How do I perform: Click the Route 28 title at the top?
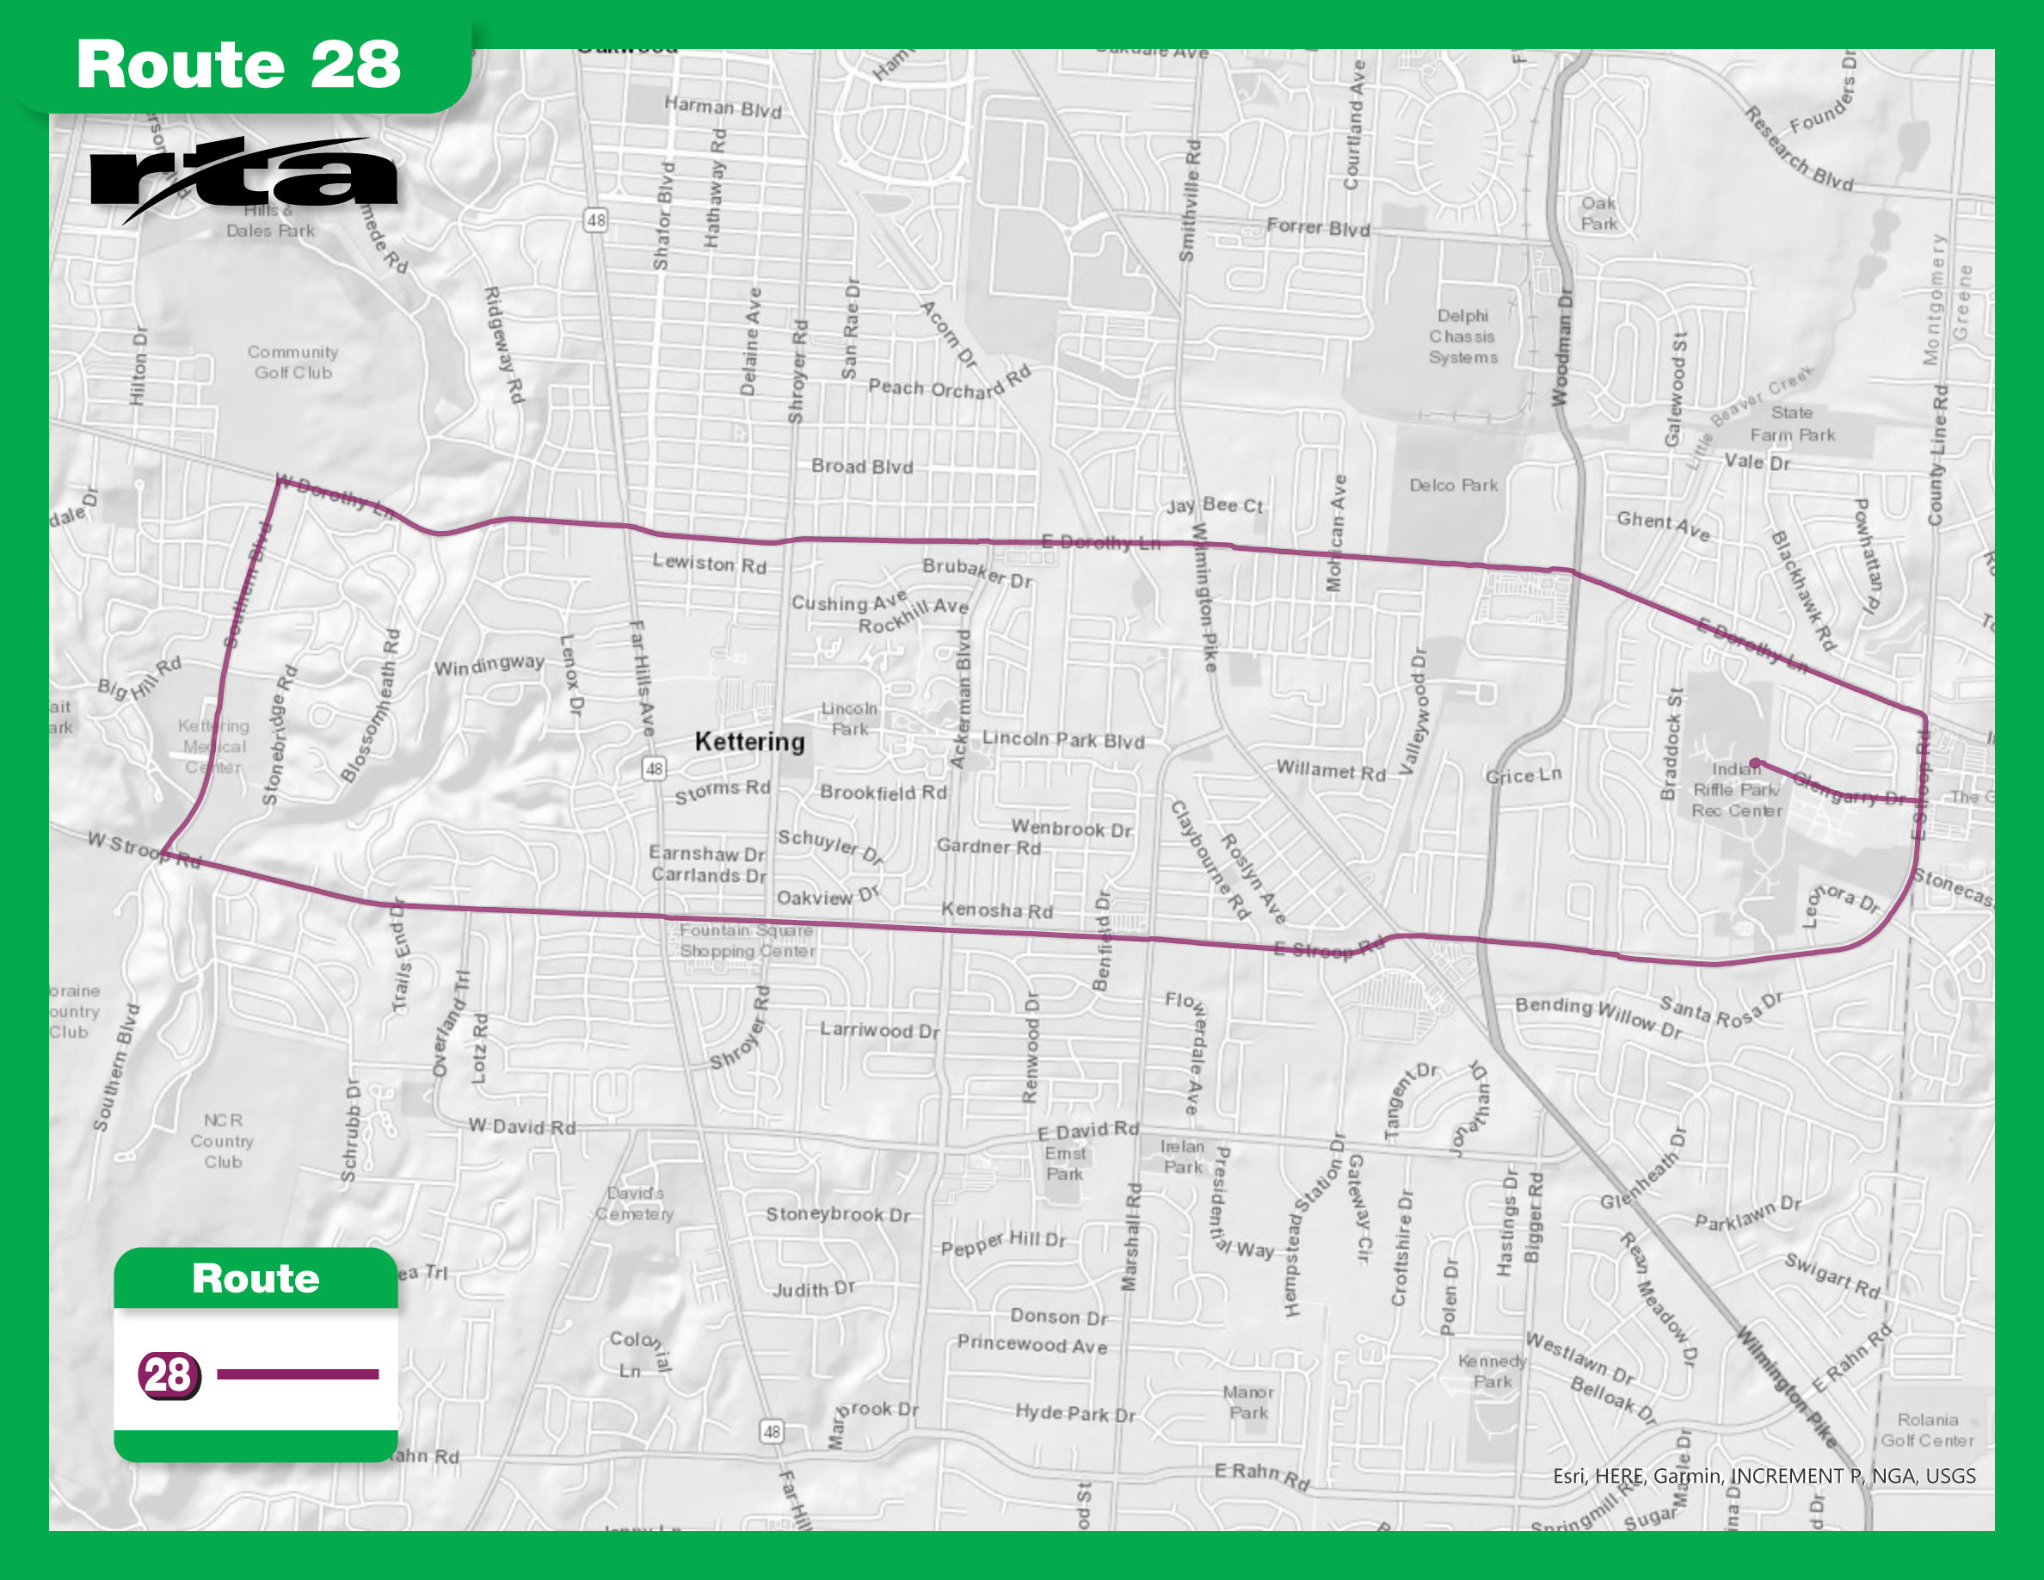[x=238, y=65]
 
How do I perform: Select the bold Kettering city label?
[x=749, y=743]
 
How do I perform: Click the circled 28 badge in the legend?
[x=169, y=1375]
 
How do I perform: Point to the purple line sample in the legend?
[x=298, y=1374]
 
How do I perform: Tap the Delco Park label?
[x=1454, y=484]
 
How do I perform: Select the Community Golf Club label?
[x=293, y=362]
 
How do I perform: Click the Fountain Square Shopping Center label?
[x=747, y=941]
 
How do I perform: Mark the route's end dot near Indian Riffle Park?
[x=1756, y=762]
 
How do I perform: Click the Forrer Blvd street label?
[x=1318, y=227]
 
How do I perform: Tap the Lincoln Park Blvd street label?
[x=1062, y=739]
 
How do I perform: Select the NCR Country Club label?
[x=223, y=1141]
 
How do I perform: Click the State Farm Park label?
[x=1792, y=424]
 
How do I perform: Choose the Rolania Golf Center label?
[x=1928, y=1430]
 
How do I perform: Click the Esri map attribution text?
[x=1764, y=1476]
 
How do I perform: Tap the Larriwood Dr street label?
[x=879, y=1029]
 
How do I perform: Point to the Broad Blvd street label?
[x=862, y=466]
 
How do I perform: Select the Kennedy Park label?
[x=1492, y=1371]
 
